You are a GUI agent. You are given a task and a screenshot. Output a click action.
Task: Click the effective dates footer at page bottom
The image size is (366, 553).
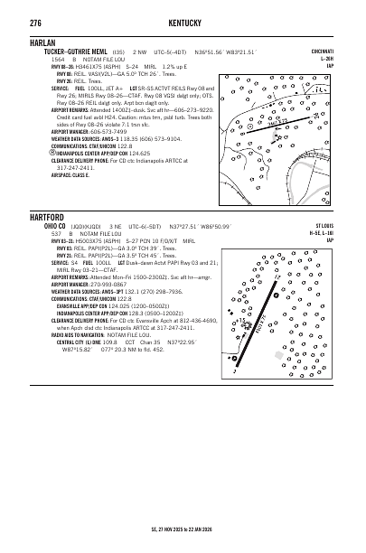pos(183,535)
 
